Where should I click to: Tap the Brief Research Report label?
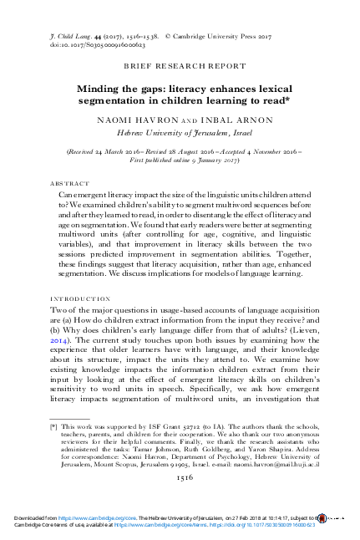click(180, 64)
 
